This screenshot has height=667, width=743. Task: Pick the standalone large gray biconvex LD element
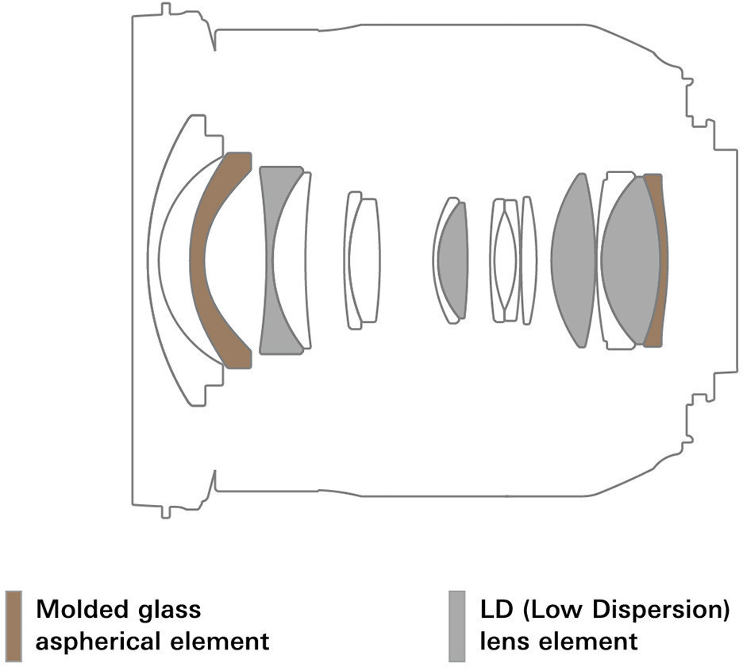pyautogui.click(x=573, y=260)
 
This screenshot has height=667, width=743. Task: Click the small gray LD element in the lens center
pyautogui.click(x=452, y=260)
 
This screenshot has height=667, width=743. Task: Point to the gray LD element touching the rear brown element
pyautogui.click(x=630, y=260)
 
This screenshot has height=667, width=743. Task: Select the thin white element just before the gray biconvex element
pyautogui.click(x=529, y=260)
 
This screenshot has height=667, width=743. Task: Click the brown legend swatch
pyautogui.click(x=13, y=626)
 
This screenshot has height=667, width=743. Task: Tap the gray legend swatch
pyautogui.click(x=456, y=626)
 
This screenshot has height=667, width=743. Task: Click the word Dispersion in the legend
pyautogui.click(x=661, y=610)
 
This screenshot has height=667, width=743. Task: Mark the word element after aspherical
pyautogui.click(x=213, y=642)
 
